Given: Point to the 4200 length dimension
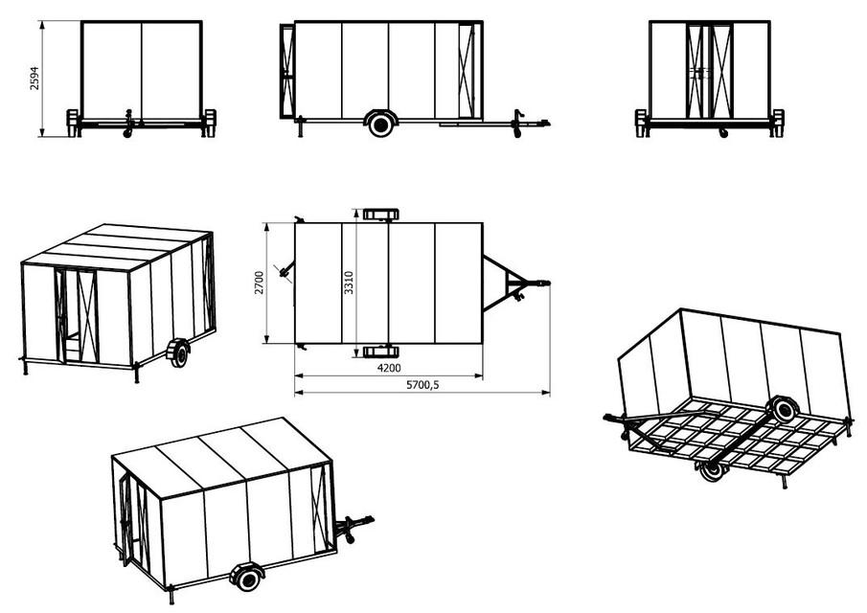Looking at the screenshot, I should (389, 368).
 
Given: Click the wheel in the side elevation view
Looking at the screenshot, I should (381, 124).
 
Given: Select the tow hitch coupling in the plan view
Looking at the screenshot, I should (543, 283).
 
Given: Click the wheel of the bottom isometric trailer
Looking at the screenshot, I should (246, 578).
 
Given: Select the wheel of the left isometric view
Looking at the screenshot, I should (178, 355).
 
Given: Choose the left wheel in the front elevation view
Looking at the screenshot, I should (73, 123).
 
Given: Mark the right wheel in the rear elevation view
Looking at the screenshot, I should (778, 122).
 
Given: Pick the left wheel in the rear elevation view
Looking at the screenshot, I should (641, 122).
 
